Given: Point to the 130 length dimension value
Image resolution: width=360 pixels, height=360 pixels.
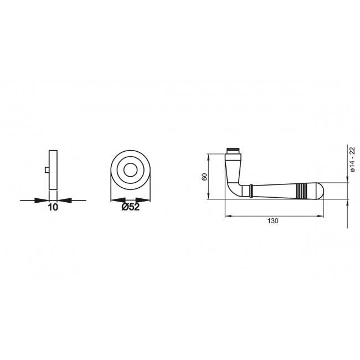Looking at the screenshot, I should [x=272, y=220].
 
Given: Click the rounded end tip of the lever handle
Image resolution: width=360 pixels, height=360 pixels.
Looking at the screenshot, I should [x=318, y=191].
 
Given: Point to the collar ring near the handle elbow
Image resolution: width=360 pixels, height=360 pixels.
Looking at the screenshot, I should [x=251, y=190].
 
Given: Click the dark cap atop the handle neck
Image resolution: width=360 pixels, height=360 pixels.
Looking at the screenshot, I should [x=234, y=150].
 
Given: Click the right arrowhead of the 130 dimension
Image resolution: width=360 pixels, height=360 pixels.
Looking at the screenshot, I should [x=321, y=216].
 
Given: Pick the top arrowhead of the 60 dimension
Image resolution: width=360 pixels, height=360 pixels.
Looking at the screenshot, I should [x=209, y=156].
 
